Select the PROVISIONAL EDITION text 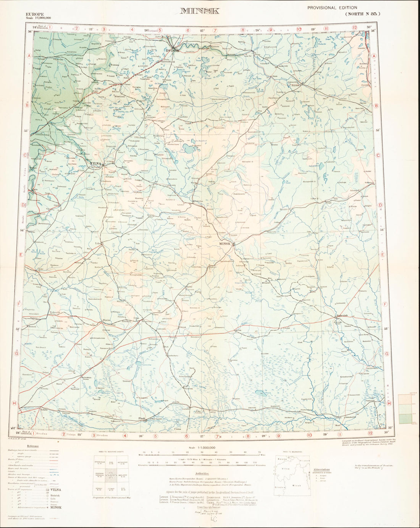point(332,8)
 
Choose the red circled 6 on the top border point(188,30)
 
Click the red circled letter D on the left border point(23,205)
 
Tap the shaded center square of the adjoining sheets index point(110,476)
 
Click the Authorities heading point(202,473)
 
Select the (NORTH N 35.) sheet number point(363,14)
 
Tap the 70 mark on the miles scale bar point(259,452)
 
